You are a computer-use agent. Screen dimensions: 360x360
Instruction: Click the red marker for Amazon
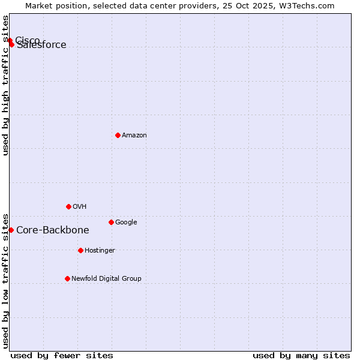point(118,135)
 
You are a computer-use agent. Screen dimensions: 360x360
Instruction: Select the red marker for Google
point(111,222)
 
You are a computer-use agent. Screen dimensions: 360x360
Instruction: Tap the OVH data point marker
point(68,206)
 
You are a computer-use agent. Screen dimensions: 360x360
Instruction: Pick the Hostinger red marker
point(80,250)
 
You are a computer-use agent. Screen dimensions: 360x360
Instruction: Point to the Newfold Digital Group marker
point(67,278)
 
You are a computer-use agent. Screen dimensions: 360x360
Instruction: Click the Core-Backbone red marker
point(11,230)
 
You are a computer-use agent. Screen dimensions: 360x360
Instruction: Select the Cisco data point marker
point(10,40)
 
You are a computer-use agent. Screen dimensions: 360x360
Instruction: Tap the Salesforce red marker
point(11,44)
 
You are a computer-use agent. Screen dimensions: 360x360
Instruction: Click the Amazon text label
point(134,136)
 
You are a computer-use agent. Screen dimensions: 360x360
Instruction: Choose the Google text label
point(126,223)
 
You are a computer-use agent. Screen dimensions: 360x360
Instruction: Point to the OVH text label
point(80,207)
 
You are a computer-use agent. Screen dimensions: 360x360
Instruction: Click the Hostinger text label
point(100,251)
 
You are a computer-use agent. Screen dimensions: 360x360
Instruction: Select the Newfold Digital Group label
point(107,279)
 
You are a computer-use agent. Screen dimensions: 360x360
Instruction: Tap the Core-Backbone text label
point(53,230)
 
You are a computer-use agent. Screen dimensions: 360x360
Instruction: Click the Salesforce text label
point(42,45)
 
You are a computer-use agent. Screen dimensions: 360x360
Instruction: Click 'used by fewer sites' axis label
point(62,355)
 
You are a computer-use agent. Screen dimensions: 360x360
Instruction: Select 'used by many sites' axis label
point(301,355)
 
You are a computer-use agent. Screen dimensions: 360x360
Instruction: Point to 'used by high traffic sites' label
point(6,85)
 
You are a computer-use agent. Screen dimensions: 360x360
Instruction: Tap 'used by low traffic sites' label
point(6,280)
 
